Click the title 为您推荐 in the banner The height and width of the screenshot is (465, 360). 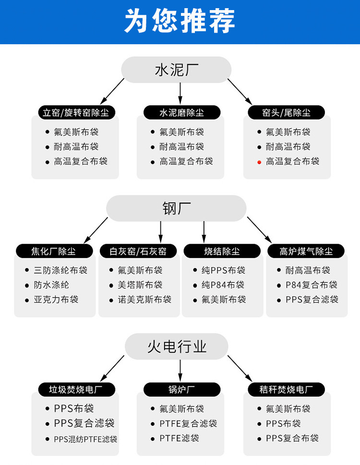point(180,21)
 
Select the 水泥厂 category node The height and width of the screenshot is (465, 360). point(176,70)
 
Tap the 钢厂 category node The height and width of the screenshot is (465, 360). point(176,208)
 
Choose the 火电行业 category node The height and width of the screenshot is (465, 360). point(176,347)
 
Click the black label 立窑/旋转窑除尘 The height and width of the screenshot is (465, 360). point(76,113)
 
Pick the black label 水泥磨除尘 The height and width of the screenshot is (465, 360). point(181,113)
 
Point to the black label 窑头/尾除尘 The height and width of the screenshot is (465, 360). point(286,113)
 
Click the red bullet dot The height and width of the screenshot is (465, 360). point(259,162)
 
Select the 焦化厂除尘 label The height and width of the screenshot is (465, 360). point(54,251)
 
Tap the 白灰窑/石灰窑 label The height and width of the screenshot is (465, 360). point(138,251)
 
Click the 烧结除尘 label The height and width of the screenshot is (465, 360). point(222,251)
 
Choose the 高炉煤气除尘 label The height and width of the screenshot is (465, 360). point(306,251)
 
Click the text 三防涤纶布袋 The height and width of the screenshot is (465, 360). point(60,270)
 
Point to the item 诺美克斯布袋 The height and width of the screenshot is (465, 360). point(144,300)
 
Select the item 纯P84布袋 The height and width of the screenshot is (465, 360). point(223,285)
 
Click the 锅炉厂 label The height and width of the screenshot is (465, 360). point(181,390)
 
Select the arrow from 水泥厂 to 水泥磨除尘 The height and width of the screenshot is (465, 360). point(180,91)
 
